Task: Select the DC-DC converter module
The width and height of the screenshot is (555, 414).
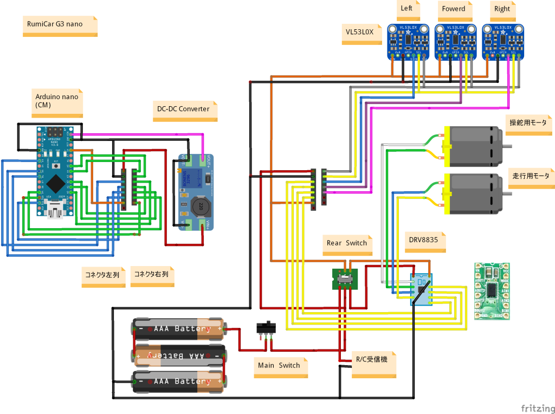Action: click(x=196, y=192)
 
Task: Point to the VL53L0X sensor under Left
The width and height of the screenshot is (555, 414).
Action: click(x=407, y=41)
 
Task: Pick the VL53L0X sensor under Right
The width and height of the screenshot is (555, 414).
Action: click(x=502, y=41)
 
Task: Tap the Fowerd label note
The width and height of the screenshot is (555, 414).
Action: click(x=454, y=10)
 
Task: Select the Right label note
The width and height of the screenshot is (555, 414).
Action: click(x=502, y=10)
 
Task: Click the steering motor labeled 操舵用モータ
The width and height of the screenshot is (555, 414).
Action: click(x=474, y=146)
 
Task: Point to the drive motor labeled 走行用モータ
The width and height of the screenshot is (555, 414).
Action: click(x=474, y=193)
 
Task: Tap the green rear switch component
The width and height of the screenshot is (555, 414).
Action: click(x=344, y=279)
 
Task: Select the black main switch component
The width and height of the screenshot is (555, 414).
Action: click(x=266, y=328)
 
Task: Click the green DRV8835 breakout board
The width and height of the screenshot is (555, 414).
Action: click(x=492, y=290)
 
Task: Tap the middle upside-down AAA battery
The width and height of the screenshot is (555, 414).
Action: click(x=179, y=355)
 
